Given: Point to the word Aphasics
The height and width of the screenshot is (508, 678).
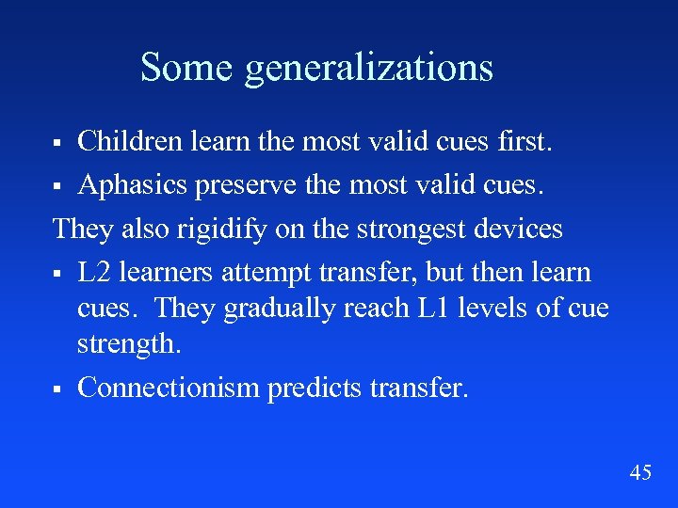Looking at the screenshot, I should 134,185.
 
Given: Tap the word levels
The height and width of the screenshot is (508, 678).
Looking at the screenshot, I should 496,308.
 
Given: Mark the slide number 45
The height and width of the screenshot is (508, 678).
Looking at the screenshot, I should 640,472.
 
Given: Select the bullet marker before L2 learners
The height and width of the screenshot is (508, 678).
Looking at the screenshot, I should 57,274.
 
